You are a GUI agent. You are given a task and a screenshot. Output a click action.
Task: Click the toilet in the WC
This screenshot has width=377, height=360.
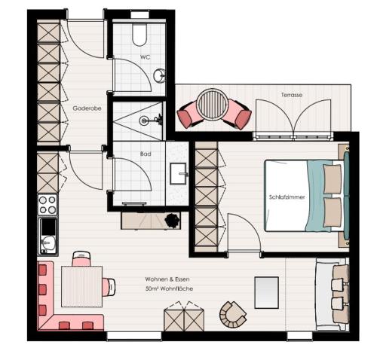139,35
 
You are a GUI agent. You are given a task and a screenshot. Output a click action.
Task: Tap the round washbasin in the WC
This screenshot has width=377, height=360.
160,75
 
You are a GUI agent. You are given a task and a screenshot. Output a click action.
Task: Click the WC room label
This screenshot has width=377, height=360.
145,57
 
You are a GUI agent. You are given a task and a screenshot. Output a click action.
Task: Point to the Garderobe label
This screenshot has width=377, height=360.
87,108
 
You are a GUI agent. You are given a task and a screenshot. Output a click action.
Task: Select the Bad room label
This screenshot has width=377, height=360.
146,154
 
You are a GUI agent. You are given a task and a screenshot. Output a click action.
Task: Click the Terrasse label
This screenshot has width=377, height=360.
292,95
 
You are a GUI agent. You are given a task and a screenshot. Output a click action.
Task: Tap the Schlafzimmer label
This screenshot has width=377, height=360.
287,197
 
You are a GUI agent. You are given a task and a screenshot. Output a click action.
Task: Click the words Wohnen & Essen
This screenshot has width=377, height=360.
167,279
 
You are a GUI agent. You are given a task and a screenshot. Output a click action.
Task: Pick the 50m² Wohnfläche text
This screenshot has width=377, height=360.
169,288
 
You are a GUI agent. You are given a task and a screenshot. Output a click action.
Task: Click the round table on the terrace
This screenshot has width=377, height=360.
213,105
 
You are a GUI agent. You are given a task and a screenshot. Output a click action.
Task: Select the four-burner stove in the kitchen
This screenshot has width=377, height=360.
48,204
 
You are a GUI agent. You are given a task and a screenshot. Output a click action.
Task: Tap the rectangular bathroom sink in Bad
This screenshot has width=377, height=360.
179,173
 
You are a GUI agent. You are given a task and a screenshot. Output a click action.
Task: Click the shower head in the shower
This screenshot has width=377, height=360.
144,121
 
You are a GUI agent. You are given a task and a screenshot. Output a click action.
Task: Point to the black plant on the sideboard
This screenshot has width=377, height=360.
172,220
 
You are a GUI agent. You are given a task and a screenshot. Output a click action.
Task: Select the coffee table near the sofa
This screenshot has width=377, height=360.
266,292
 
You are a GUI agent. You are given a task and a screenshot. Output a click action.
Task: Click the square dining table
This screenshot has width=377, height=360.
82,286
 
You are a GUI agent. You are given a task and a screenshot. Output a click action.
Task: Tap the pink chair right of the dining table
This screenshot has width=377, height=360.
109,287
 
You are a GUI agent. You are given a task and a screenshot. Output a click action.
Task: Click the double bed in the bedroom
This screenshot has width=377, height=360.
307,196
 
